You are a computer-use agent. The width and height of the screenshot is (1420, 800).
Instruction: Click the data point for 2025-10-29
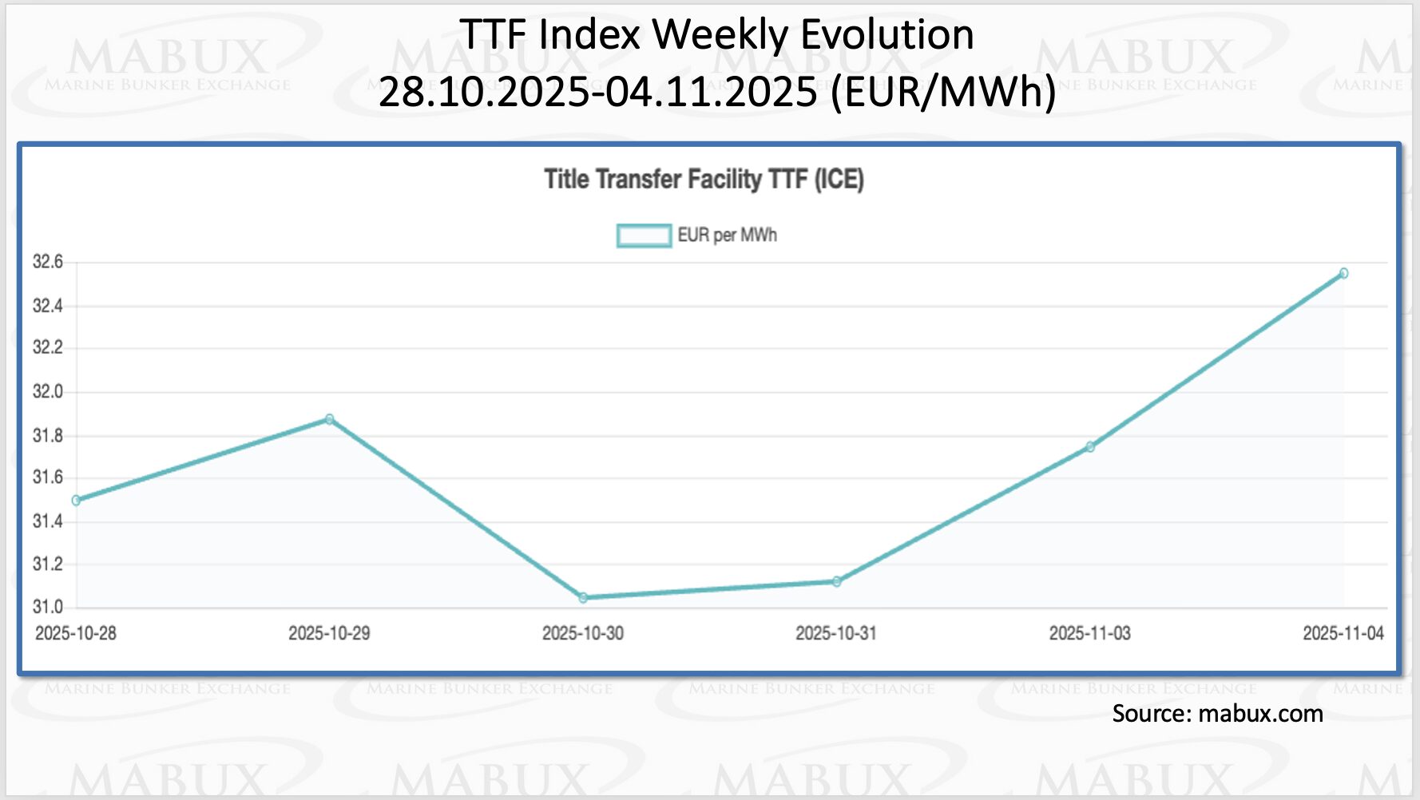[x=330, y=419]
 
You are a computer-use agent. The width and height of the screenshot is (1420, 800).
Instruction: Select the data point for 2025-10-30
[x=583, y=597]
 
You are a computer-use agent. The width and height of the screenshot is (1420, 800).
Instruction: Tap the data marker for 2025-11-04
[x=1343, y=273]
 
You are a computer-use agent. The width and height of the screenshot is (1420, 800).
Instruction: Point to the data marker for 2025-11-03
[x=1090, y=447]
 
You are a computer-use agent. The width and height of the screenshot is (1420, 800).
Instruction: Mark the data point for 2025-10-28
[x=77, y=501]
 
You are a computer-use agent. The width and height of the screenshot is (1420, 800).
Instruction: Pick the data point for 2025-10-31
[x=836, y=581]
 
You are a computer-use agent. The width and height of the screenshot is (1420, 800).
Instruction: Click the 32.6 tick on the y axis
[x=47, y=262]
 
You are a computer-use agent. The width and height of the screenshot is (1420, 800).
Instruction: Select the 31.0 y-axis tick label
[x=47, y=607]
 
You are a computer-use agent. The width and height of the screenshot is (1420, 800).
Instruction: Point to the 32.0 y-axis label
[x=47, y=391]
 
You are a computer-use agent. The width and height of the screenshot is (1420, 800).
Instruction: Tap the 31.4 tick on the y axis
[x=47, y=521]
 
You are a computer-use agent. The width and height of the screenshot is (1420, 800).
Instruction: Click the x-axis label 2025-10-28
[x=76, y=633]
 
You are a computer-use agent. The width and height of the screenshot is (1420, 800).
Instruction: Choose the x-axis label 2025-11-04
[x=1343, y=633]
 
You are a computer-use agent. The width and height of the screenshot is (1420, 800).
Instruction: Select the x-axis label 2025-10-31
[x=835, y=633]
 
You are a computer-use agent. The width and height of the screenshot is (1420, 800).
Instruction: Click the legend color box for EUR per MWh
[x=644, y=236]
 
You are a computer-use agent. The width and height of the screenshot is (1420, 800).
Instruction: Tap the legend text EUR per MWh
[x=727, y=236]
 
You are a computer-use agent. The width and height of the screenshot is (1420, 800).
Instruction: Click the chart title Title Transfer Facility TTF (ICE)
[x=704, y=179]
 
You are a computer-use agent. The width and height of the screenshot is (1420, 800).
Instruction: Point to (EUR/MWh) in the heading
[x=943, y=92]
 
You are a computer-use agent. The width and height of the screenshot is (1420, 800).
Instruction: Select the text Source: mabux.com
[x=1216, y=713]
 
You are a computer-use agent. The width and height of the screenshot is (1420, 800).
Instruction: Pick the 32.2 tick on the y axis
[x=47, y=347]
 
